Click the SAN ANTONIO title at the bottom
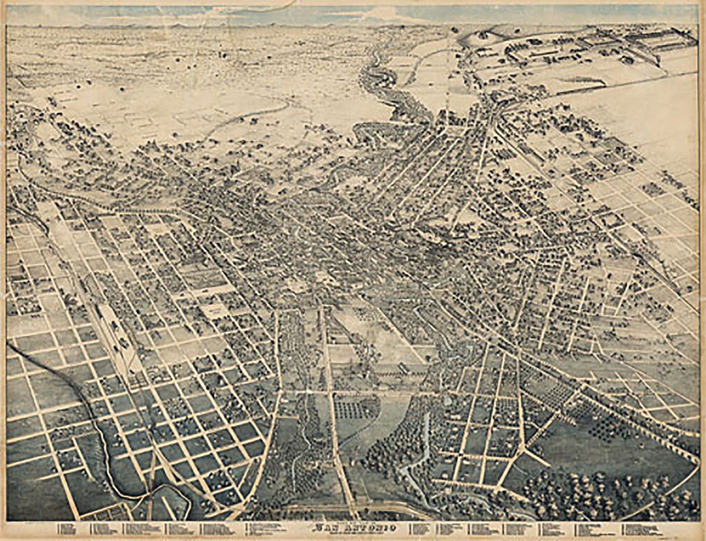click(x=352, y=530)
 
